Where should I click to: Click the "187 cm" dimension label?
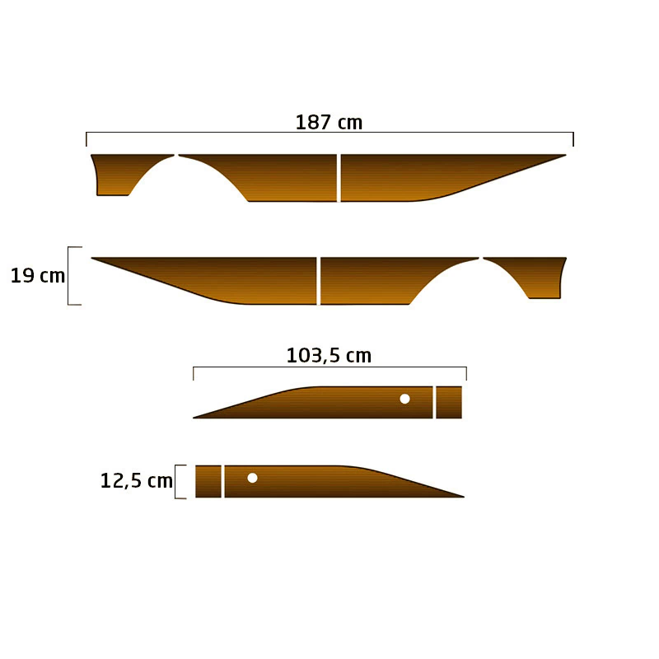[x=329, y=122]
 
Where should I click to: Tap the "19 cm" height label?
[x=38, y=276]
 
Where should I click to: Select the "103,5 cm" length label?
[x=329, y=356]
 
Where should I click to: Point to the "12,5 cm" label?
[x=137, y=480]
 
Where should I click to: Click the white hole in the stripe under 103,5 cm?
[x=404, y=399]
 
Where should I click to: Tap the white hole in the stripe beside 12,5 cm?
[x=252, y=478]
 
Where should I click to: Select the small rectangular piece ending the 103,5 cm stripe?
[x=449, y=402]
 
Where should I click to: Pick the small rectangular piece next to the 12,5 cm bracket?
[x=208, y=482]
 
